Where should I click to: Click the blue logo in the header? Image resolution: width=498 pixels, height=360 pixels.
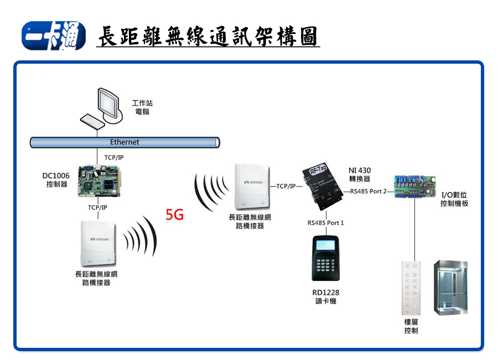[53, 36]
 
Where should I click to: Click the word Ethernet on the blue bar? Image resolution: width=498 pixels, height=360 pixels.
[124, 142]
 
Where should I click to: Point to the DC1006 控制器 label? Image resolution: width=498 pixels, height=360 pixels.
[56, 180]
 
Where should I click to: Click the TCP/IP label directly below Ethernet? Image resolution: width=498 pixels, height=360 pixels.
[114, 157]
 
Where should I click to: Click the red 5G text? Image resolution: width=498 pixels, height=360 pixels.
[175, 215]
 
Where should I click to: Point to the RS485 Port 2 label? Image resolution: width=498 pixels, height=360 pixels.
[369, 192]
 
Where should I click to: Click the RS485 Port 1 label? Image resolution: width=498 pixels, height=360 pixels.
[326, 223]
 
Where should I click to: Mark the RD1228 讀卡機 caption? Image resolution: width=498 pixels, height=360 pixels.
[325, 297]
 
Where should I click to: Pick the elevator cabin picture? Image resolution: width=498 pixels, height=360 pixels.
[450, 287]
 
